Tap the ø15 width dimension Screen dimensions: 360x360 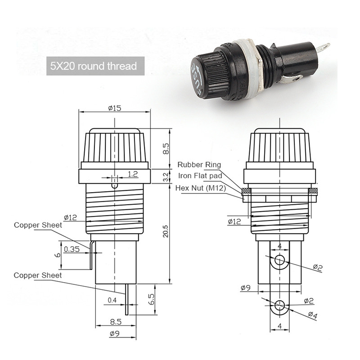115,108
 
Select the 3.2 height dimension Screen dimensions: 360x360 166,175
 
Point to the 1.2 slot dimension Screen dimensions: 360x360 133,174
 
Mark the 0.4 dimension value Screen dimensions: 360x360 112,300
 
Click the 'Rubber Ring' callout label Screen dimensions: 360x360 199,165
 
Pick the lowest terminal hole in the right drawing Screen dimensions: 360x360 279,306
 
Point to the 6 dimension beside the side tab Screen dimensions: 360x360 57,254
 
